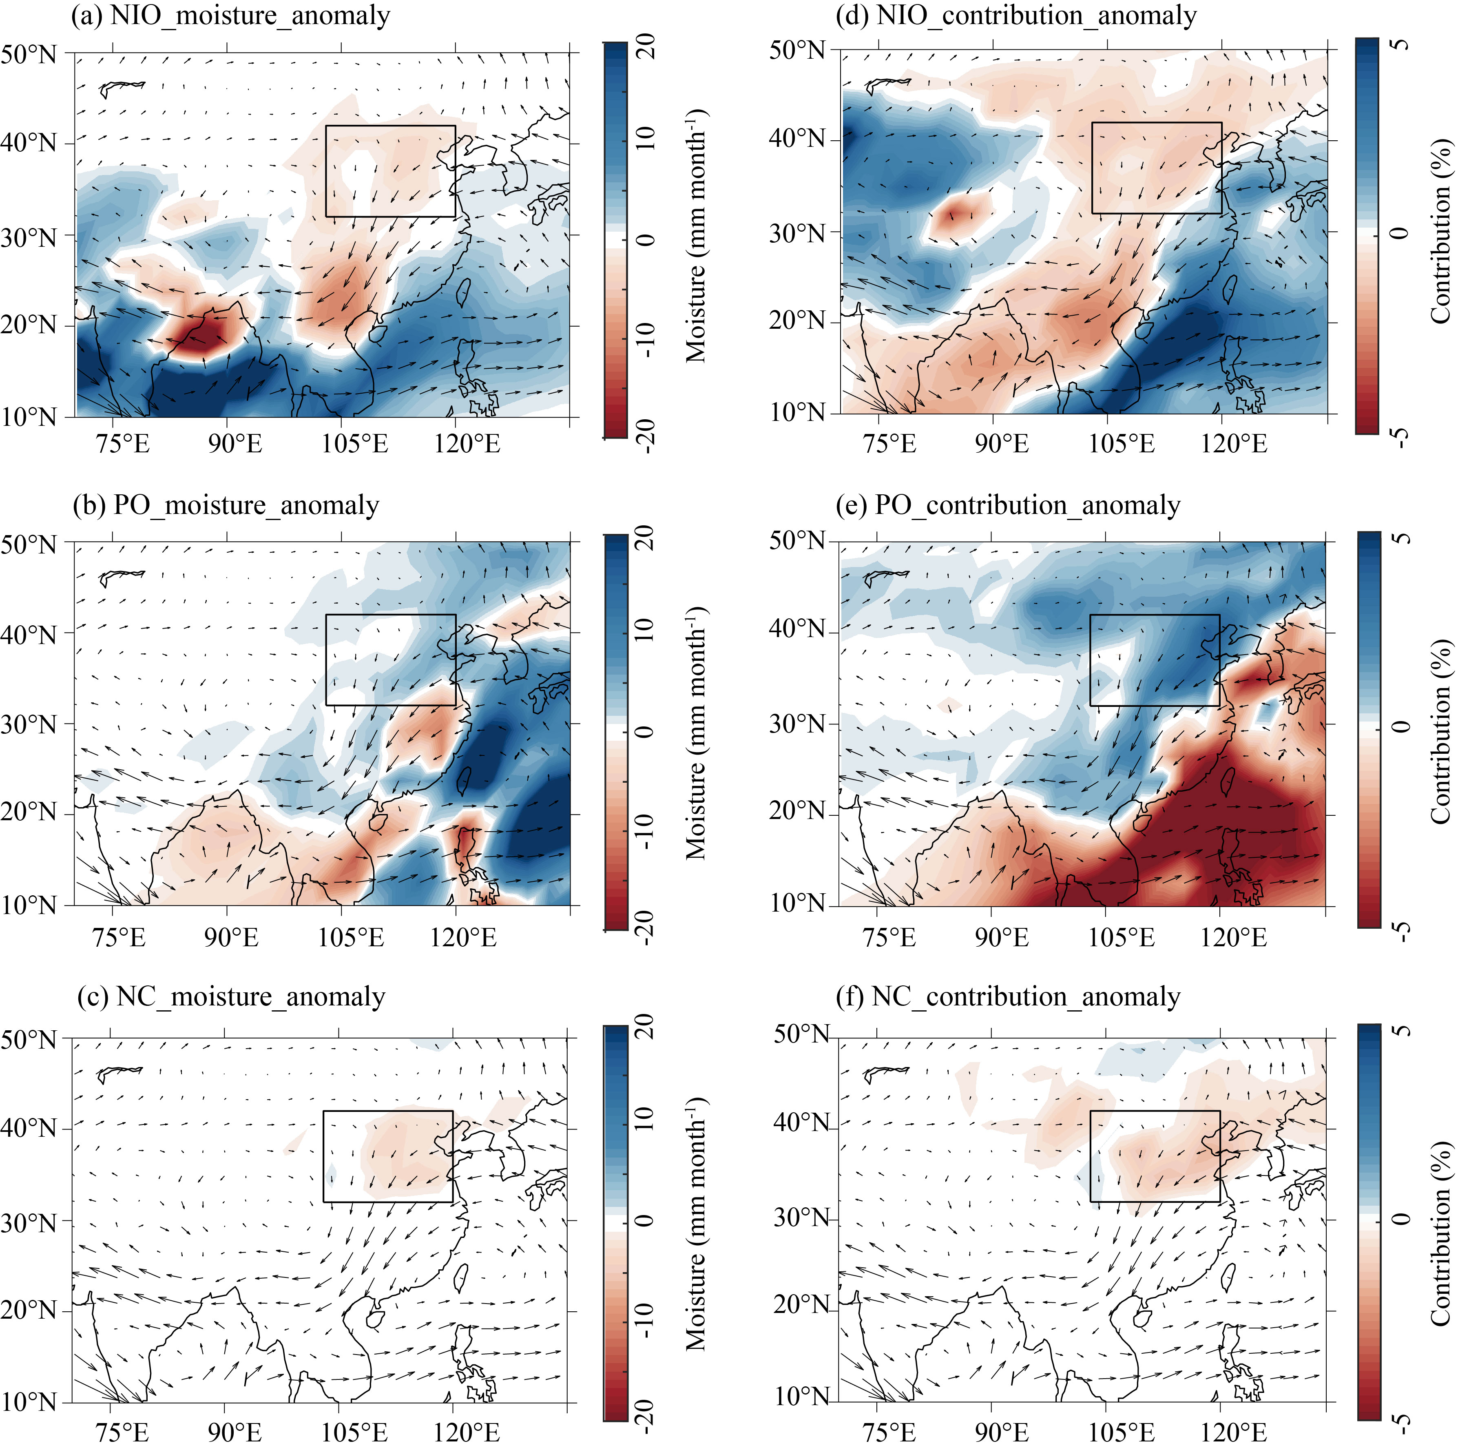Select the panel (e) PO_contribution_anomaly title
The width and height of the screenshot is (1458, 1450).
click(x=1007, y=505)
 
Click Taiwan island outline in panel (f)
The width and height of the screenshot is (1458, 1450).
click(x=1228, y=1276)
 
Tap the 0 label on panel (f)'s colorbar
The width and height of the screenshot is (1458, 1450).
click(x=1400, y=1220)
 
